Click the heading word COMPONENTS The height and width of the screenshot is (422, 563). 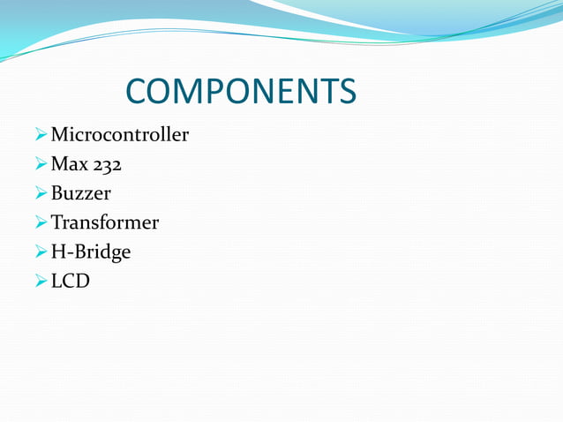(241, 91)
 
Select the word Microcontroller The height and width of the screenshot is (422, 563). (119, 135)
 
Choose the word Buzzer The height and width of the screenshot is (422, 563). (80, 193)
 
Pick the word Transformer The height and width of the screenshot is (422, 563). (104, 222)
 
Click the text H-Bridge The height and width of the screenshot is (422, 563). (90, 252)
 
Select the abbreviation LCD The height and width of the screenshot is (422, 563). (70, 282)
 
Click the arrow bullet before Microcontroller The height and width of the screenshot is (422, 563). (41, 136)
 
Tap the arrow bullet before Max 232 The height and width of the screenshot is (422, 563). (41, 165)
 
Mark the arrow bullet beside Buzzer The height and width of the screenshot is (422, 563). (41, 194)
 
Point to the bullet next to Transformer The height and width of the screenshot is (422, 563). (41, 223)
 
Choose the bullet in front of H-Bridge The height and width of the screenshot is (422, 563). (41, 252)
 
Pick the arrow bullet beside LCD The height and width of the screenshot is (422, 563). (41, 282)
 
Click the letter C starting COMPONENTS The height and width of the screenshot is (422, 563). (139, 91)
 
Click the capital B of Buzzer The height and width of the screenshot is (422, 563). (57, 193)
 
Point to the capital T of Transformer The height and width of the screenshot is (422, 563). (57, 222)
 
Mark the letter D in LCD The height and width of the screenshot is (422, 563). (81, 282)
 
